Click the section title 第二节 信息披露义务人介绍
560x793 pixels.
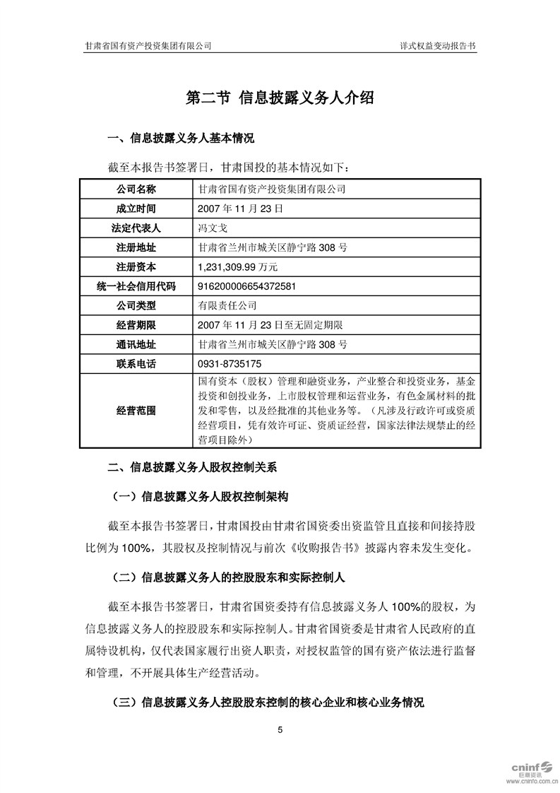tap(280, 98)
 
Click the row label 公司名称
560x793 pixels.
tap(136, 189)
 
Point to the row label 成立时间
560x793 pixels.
tap(136, 209)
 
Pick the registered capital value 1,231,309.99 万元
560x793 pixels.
tap(239, 267)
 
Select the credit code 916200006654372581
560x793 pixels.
tap(248, 286)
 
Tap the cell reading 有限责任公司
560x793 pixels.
tap(228, 306)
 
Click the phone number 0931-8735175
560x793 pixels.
tap(231, 364)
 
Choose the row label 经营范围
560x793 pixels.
tap(136, 411)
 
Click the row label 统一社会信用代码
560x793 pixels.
tap(136, 286)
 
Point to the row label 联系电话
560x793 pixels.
tap(136, 364)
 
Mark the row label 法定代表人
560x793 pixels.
tap(136, 228)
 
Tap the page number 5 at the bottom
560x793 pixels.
tap(280, 729)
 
